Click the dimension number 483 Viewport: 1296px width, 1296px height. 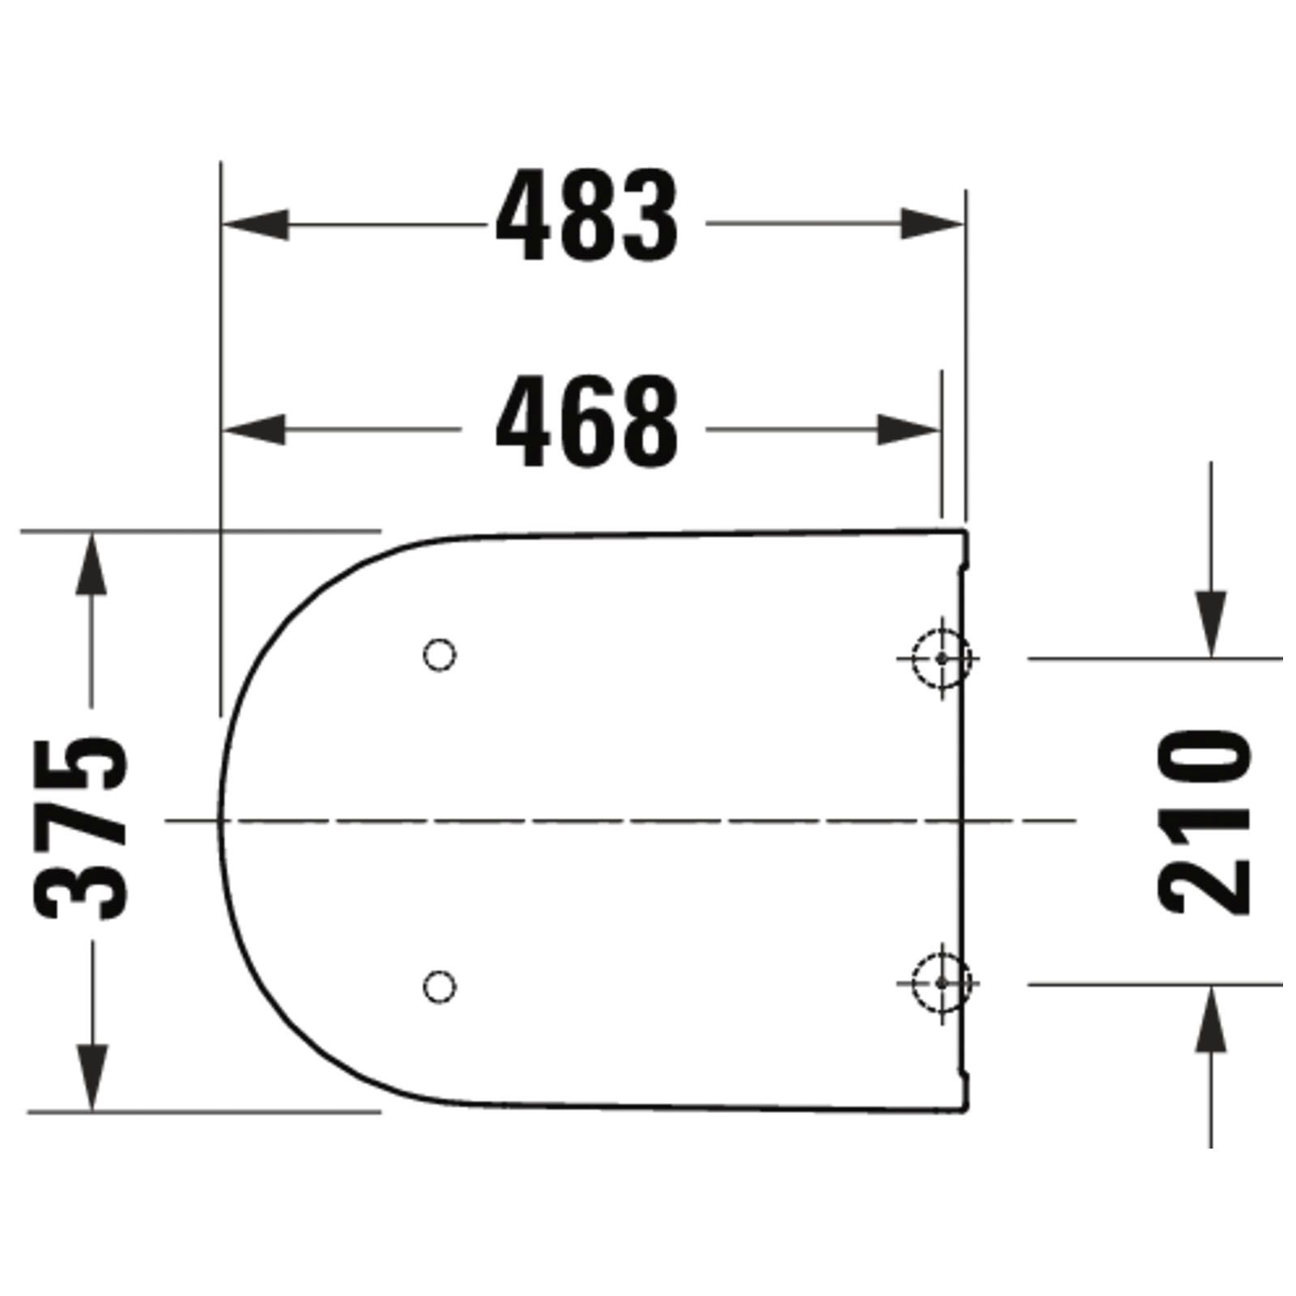coord(586,216)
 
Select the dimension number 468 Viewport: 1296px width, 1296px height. coord(586,422)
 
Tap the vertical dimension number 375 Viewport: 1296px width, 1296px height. coord(81,828)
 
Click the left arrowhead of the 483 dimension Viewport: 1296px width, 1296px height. coord(255,224)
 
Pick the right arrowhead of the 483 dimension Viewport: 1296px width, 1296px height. coord(933,224)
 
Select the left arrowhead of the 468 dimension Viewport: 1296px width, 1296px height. coord(254,429)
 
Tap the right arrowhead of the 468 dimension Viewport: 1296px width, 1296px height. coord(909,429)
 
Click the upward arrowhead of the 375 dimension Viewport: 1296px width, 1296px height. coord(92,564)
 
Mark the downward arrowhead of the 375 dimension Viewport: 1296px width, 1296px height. coord(92,1078)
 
